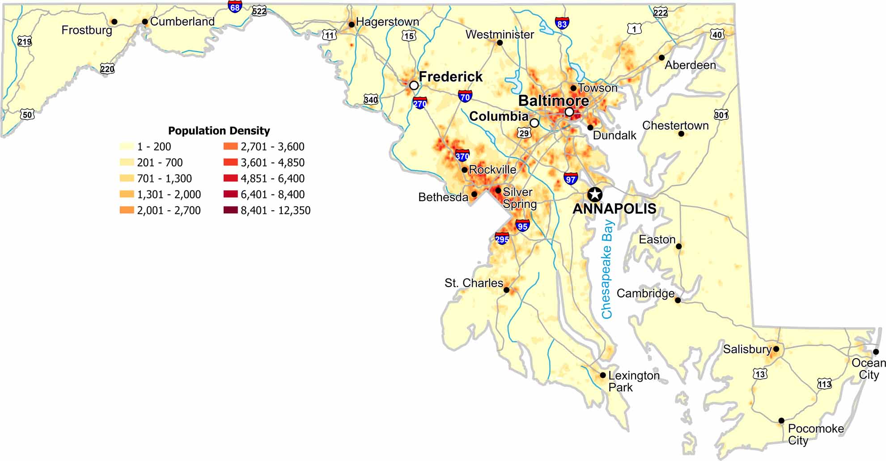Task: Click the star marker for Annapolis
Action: point(594,194)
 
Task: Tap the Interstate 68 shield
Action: point(235,6)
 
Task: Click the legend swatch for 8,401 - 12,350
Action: point(230,210)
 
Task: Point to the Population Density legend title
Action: point(219,131)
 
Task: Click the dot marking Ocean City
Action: point(876,351)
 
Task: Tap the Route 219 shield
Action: point(25,42)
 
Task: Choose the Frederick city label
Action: point(450,76)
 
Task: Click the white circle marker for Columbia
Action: point(534,123)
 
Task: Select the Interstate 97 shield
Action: point(570,178)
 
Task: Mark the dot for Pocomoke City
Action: point(781,420)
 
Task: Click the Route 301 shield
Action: point(721,115)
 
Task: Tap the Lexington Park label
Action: point(633,381)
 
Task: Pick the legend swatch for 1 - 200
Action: point(127,146)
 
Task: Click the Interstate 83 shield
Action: point(562,24)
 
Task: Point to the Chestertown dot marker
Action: point(681,134)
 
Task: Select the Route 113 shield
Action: point(824,384)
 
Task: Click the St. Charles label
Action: point(474,283)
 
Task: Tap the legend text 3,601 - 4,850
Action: point(272,162)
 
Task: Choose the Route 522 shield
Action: point(259,11)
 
